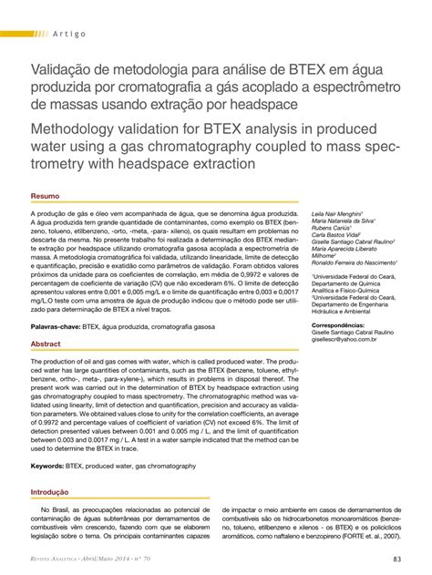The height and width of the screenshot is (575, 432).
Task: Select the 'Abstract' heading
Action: click(x=46, y=344)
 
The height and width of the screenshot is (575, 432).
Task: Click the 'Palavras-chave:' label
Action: click(x=56, y=323)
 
